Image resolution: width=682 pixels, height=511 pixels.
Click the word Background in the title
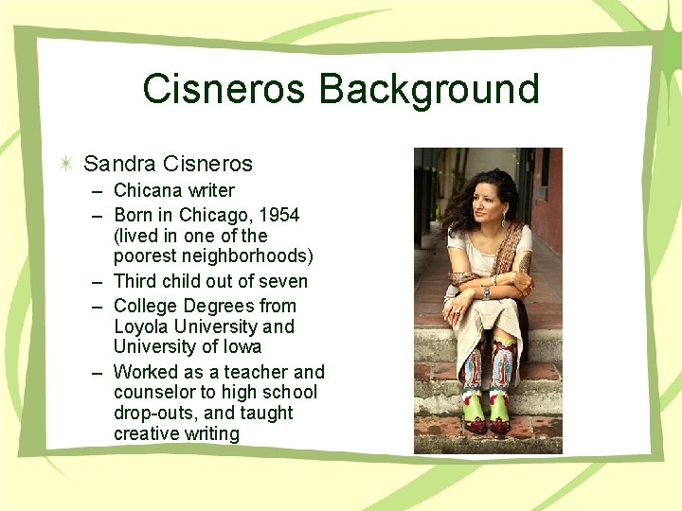(429, 90)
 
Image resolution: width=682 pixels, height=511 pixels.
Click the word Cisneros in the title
(224, 90)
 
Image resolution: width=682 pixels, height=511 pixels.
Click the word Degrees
(219, 306)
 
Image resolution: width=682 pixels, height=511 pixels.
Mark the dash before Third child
(99, 281)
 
